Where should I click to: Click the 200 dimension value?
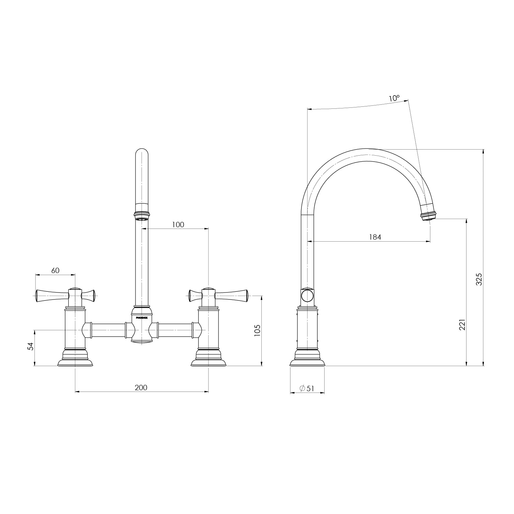pos(141,388)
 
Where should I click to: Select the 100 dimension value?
pos(178,225)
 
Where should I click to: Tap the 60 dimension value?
pos(55,270)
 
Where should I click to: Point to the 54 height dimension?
pos(30,346)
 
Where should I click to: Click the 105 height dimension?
pos(257,330)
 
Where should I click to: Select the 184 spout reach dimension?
pos(375,237)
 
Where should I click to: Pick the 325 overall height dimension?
pos(479,279)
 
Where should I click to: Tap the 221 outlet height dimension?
pos(462,325)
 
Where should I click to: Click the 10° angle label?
pos(394,98)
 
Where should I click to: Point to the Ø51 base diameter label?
pos(307,388)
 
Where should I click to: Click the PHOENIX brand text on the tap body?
pos(142,318)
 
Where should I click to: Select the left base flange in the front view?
pos(75,361)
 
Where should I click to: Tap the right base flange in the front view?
pos(208,361)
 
